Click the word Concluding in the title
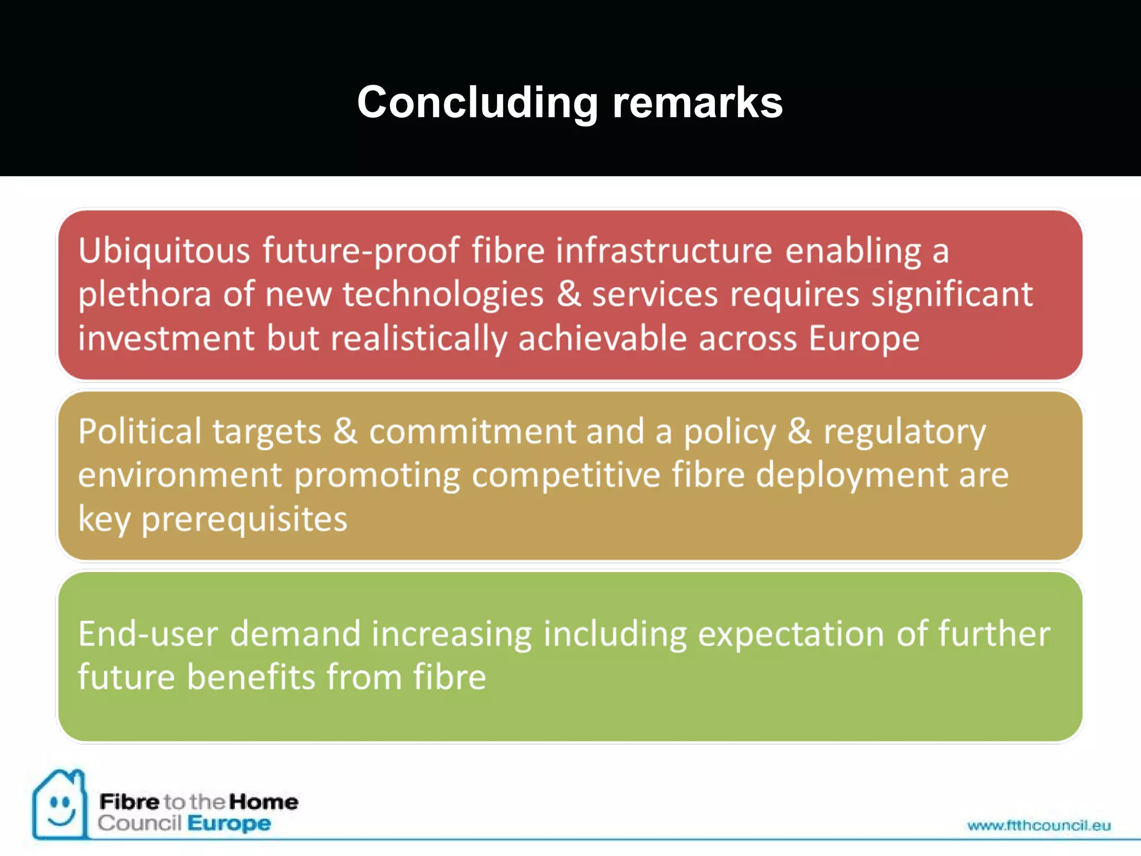477,103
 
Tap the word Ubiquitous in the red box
164,251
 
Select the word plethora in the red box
144,295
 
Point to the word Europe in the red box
864,339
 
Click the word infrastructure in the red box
664,251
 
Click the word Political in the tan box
139,432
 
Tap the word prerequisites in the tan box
244,519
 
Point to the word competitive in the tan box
565,475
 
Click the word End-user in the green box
148,634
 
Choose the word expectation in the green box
791,634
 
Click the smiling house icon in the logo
60,805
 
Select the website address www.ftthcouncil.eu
1038,825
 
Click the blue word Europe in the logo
229,823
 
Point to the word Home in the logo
264,802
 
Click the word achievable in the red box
602,339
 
